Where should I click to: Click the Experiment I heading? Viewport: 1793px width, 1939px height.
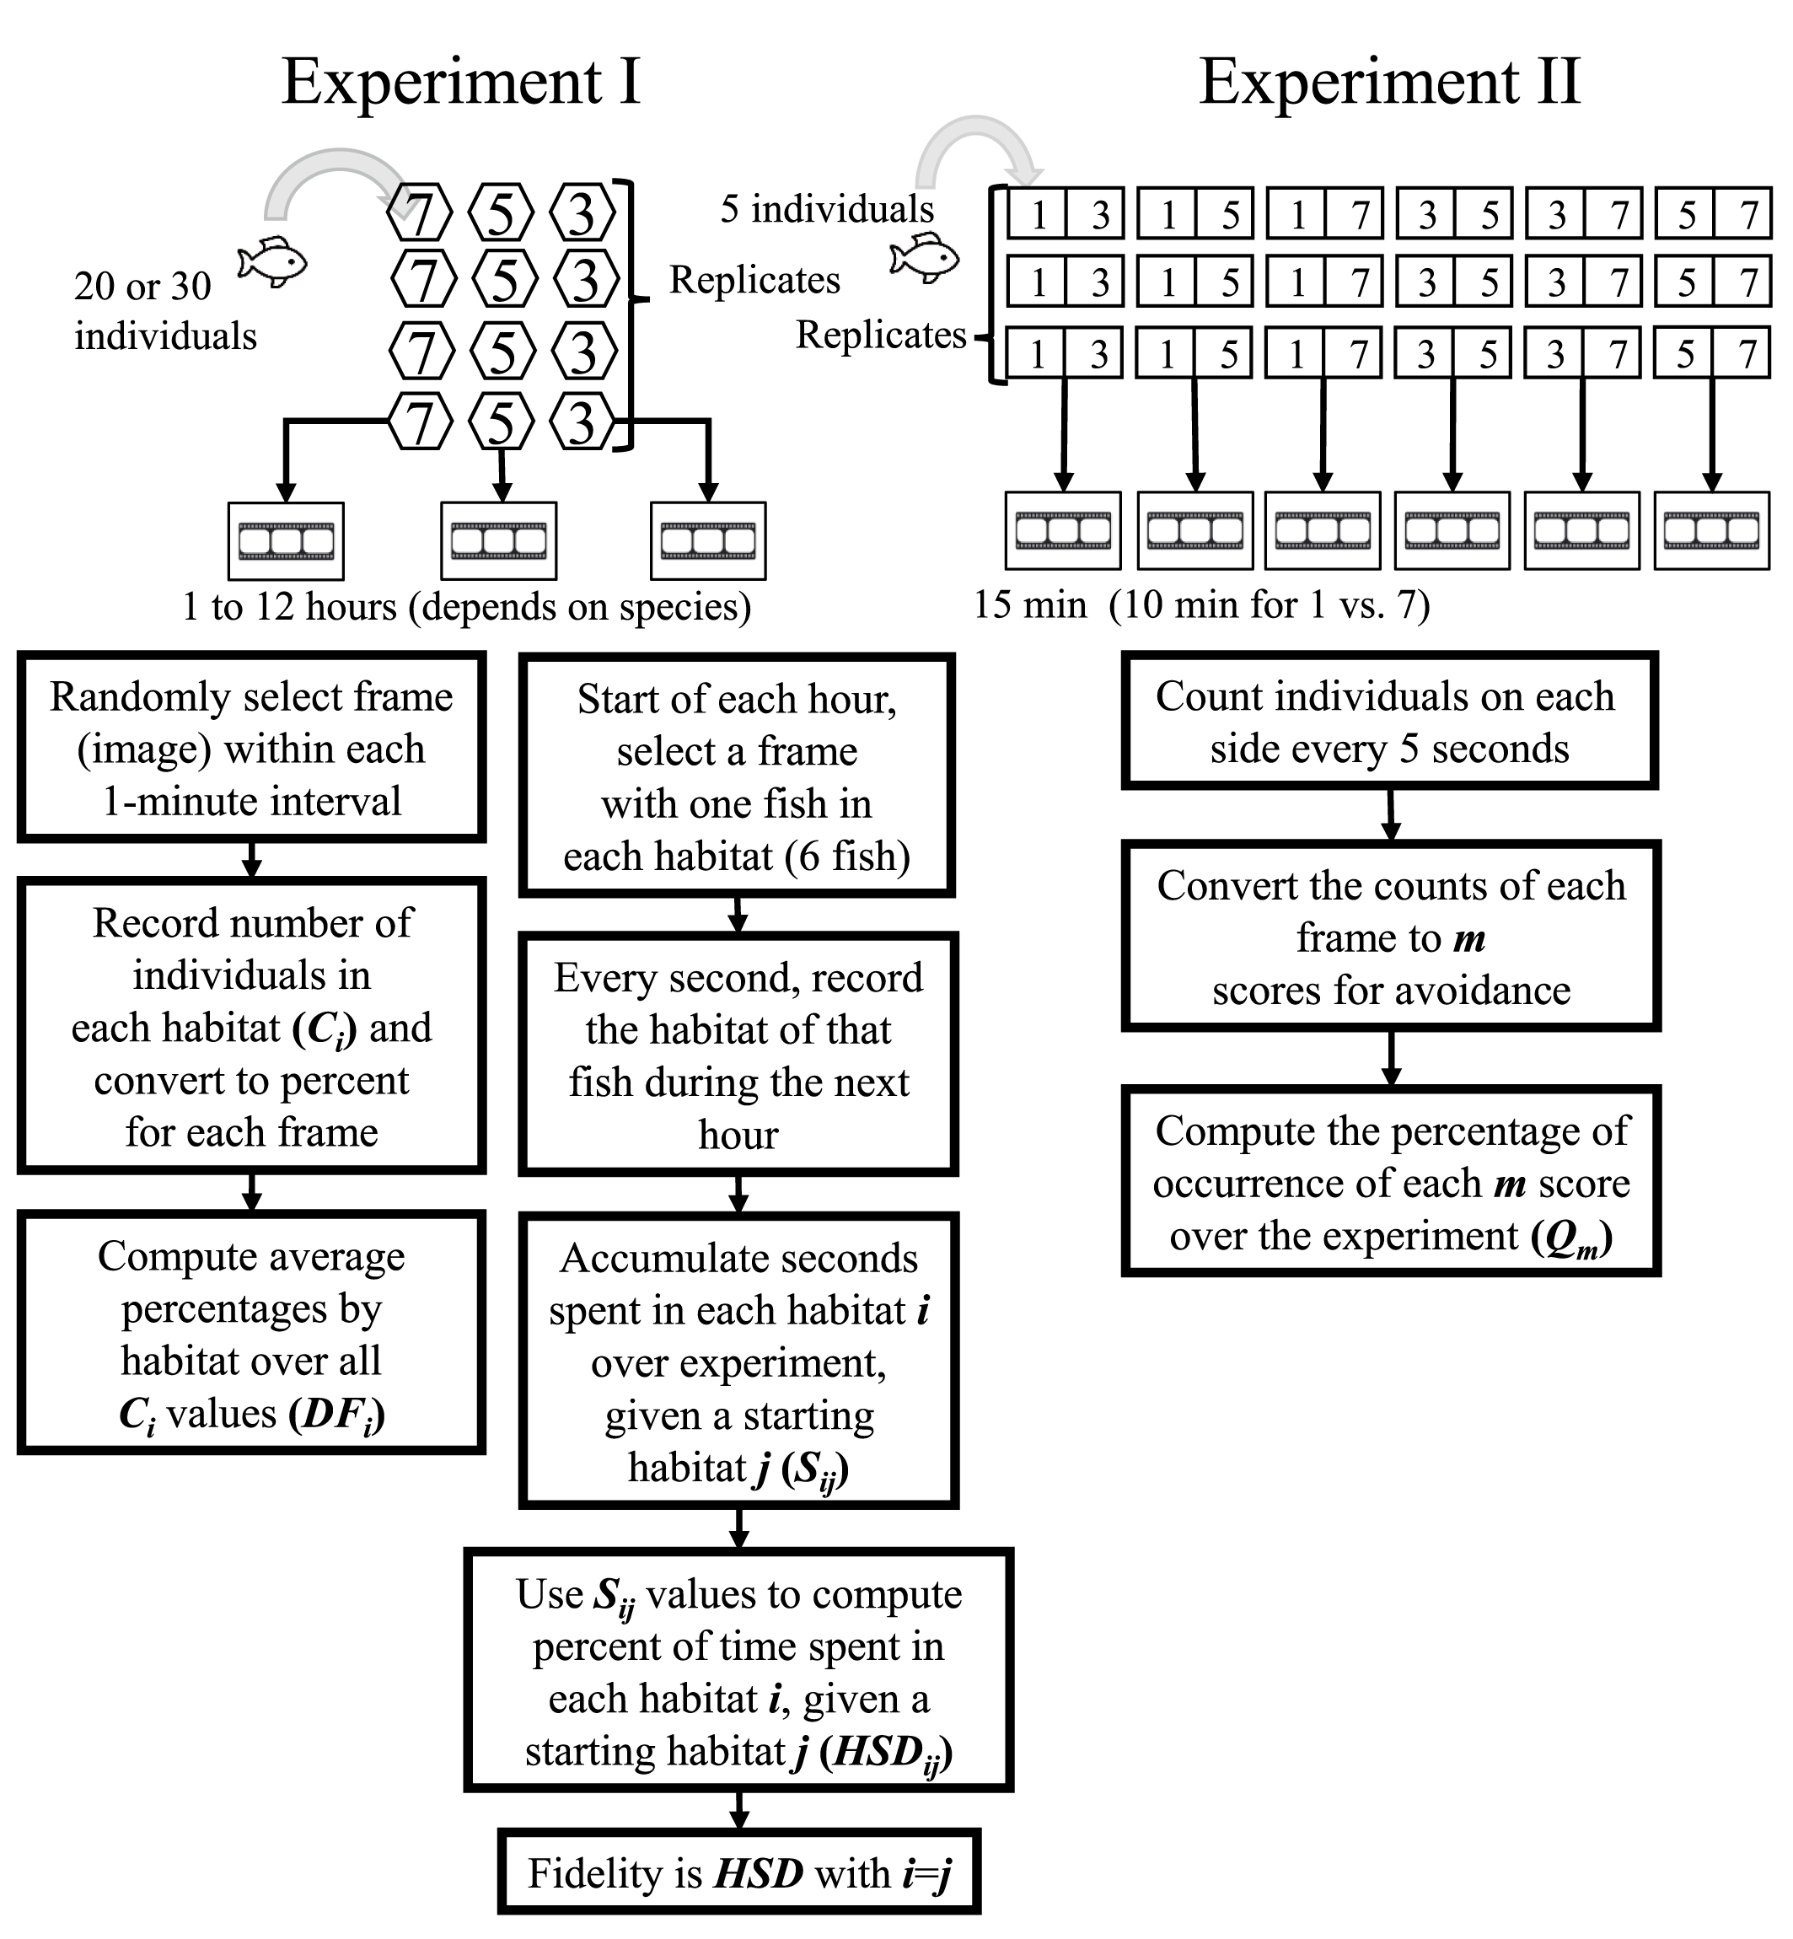click(x=461, y=82)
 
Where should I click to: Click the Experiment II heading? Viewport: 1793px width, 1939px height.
click(x=1389, y=82)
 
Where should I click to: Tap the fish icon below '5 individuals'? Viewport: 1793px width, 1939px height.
click(x=925, y=259)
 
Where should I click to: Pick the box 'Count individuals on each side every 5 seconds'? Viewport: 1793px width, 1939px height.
click(x=1389, y=722)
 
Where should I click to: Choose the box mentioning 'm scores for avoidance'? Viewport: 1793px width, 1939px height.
click(x=1390, y=937)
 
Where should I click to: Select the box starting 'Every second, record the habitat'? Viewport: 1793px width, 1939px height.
click(x=738, y=1055)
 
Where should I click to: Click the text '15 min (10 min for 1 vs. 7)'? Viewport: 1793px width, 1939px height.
click(x=1201, y=604)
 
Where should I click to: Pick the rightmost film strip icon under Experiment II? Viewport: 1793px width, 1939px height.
click(x=1711, y=530)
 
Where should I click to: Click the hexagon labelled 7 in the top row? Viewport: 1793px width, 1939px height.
click(x=419, y=212)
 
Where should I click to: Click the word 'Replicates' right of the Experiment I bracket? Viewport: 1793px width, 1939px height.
click(x=754, y=280)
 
